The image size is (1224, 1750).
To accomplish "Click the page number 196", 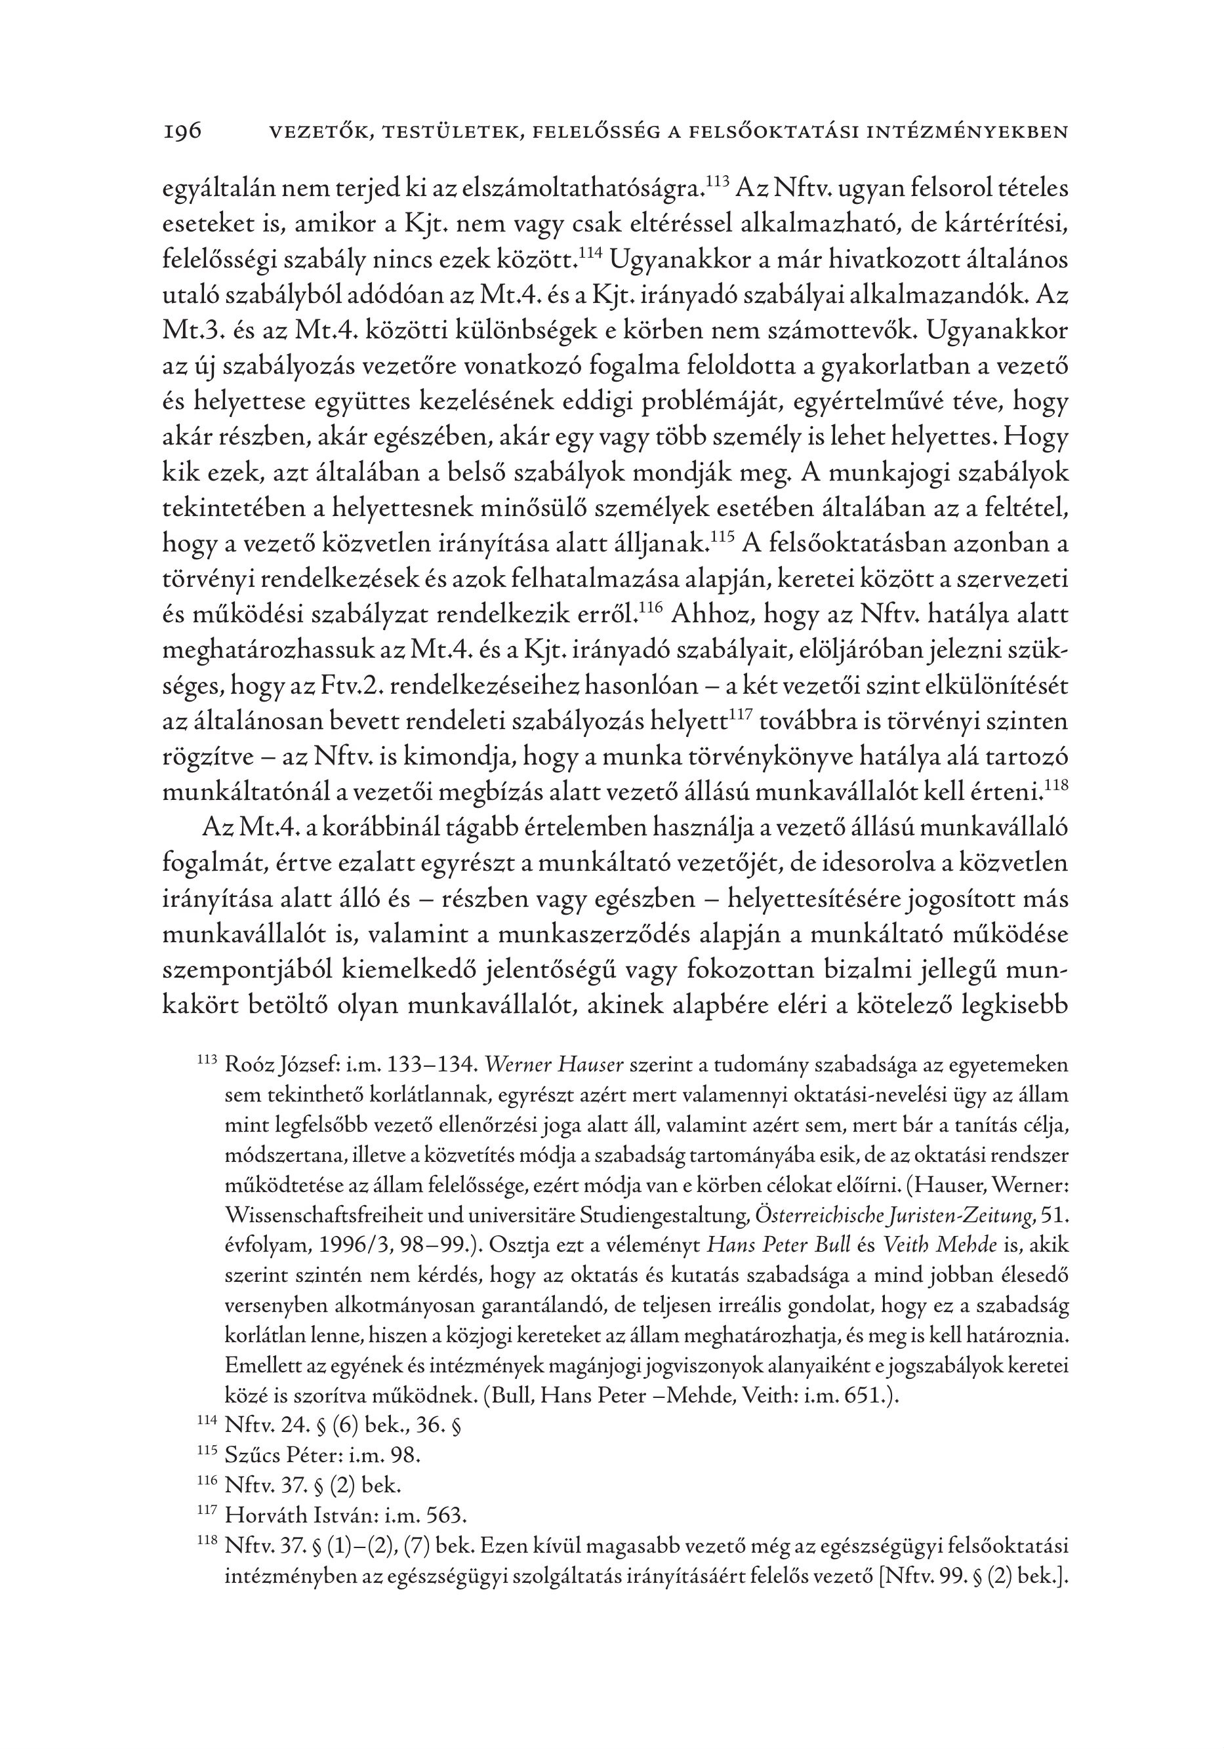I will click(183, 131).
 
